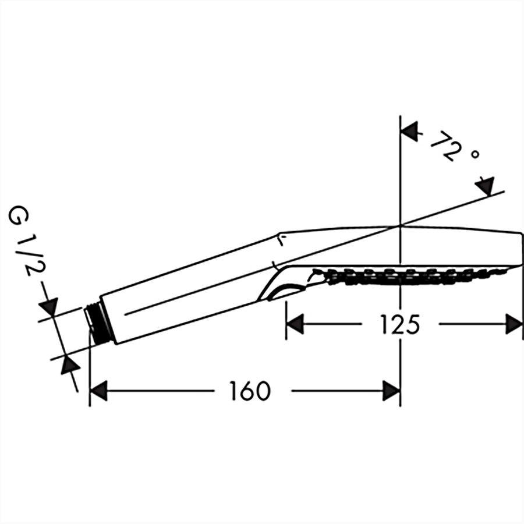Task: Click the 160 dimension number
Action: pos(250,391)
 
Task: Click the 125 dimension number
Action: pos(401,324)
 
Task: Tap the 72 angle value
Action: pos(444,146)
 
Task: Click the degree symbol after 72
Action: pos(475,155)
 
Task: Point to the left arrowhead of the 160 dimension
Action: pos(99,391)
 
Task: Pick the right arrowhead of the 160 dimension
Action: pos(391,391)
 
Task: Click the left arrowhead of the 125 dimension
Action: pos(295,324)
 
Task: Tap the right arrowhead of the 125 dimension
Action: pos(514,324)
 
